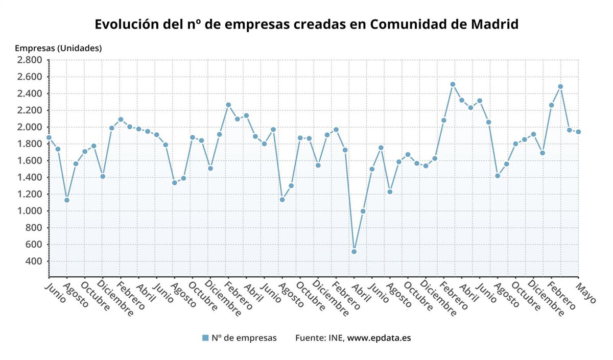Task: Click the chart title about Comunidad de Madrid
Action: (306, 24)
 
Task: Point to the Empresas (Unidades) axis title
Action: (58, 49)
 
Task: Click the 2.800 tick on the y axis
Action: (30, 60)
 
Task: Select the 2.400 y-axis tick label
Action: (30, 93)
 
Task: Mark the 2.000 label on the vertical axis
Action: (30, 127)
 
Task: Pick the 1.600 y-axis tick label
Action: (30, 160)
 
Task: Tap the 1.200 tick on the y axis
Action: (30, 194)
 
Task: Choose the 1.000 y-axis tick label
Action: (30, 211)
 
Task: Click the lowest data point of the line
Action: (354, 252)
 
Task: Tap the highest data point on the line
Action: (453, 84)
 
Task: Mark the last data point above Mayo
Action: (578, 132)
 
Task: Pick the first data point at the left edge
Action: (49, 137)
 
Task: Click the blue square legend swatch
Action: (205, 338)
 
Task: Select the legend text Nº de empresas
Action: (244, 338)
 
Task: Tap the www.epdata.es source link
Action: (379, 338)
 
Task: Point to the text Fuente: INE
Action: (320, 338)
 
